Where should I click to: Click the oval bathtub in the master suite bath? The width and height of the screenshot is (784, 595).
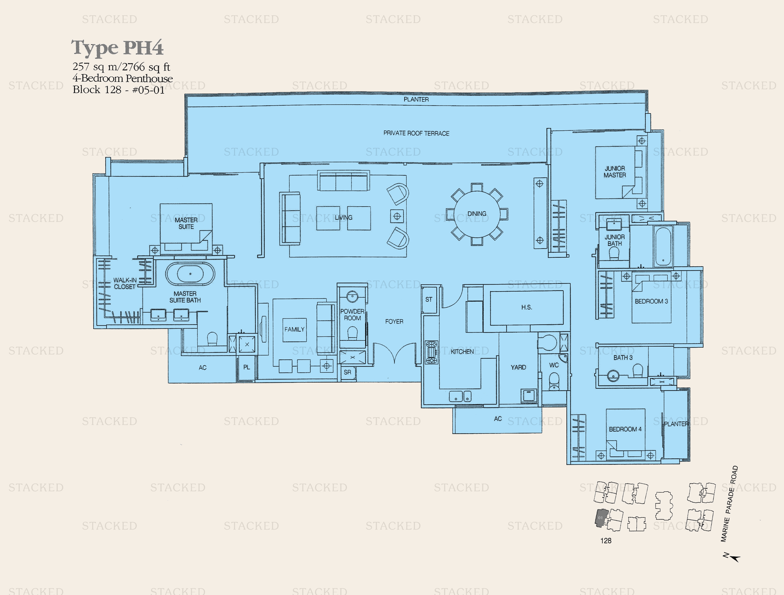(190, 274)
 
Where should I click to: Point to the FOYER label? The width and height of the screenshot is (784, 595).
(394, 322)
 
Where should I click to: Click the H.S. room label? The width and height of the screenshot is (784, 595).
(526, 307)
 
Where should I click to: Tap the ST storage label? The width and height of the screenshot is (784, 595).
(429, 299)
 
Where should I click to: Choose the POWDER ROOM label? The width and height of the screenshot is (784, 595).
(352, 315)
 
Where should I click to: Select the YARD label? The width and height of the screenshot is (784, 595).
(518, 367)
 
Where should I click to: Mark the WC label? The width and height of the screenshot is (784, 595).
(554, 365)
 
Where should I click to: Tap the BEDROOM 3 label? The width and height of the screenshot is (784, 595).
(651, 301)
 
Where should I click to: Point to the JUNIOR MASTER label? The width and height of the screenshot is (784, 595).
(615, 172)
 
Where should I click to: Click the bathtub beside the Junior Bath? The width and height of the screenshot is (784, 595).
(663, 246)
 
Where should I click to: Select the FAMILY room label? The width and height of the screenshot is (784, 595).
(294, 329)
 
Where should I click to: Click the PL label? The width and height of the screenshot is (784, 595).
(247, 367)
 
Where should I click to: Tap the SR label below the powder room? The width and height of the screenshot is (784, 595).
(347, 372)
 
